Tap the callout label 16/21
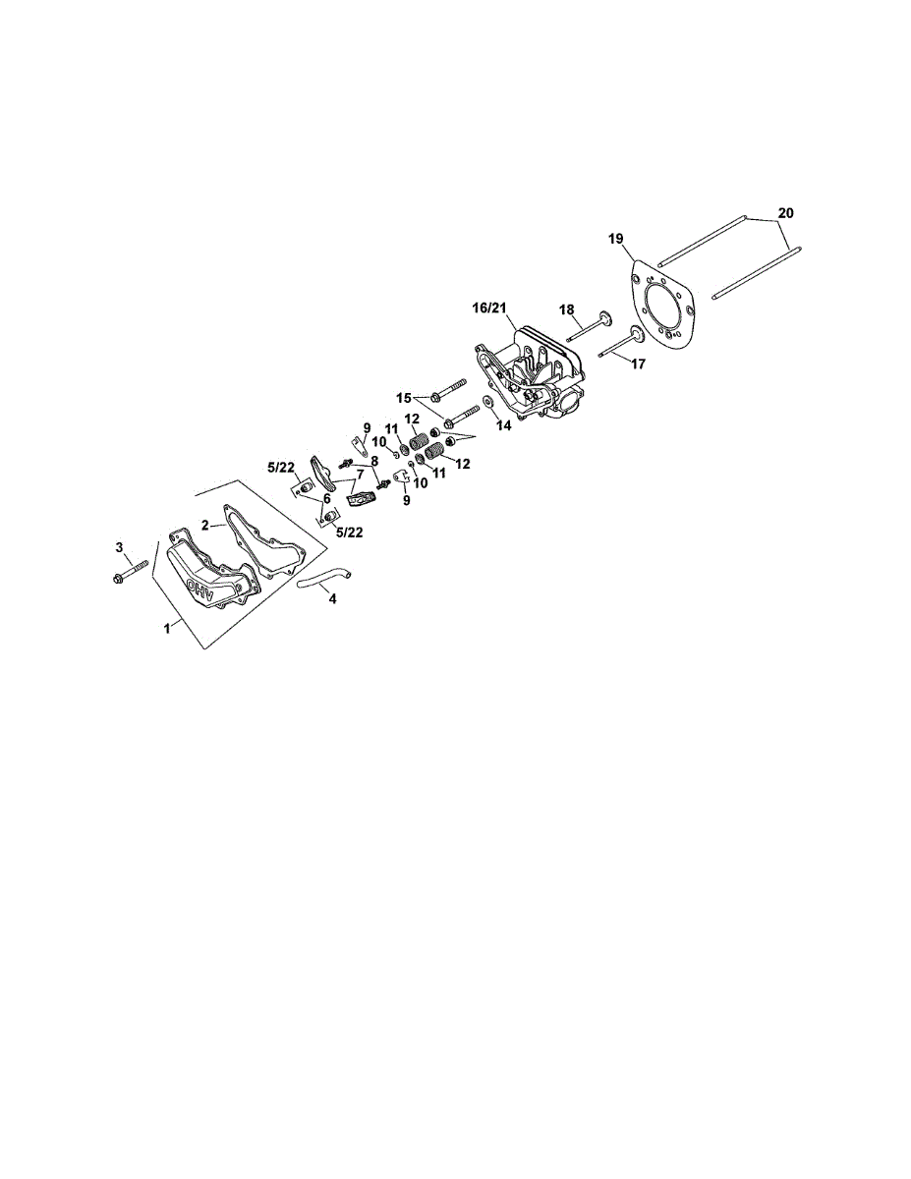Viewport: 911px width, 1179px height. tap(490, 309)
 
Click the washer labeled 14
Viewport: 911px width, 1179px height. tap(487, 405)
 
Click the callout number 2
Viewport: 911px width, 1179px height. tap(206, 526)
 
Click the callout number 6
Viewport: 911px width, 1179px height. tap(327, 498)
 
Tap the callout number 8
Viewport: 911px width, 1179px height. tap(374, 460)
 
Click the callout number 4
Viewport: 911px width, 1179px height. tap(332, 599)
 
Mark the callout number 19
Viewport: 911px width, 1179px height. tap(615, 239)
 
